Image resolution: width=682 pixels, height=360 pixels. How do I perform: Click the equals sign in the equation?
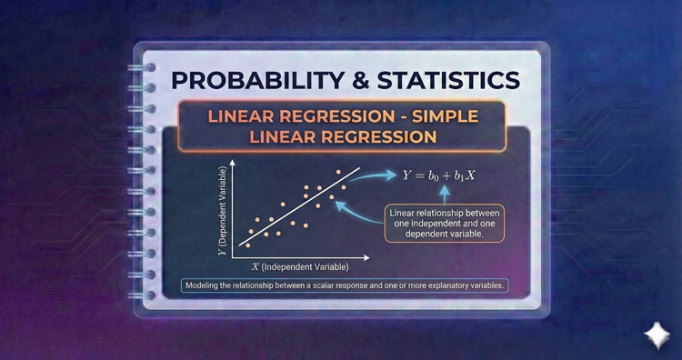[421, 175]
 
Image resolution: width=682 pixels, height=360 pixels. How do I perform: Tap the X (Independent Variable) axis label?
[299, 268]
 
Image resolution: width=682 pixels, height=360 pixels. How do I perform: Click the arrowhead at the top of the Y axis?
[233, 165]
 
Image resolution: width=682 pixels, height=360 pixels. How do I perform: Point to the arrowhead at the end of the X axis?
[370, 255]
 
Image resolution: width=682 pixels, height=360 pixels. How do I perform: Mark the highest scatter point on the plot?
[339, 171]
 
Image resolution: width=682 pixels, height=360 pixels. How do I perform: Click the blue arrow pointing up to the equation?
[446, 193]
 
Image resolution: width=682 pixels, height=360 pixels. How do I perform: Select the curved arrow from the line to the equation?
[373, 178]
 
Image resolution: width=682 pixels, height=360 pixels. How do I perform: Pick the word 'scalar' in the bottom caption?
[326, 285]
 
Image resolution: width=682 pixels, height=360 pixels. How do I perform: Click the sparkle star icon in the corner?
[653, 335]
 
